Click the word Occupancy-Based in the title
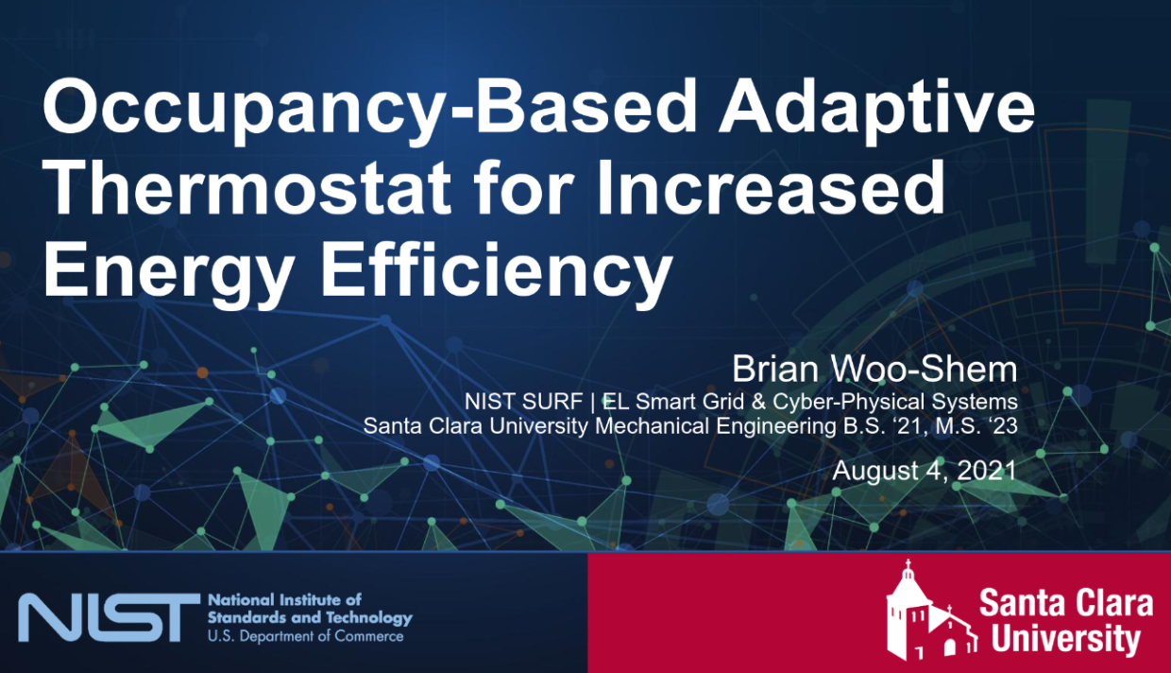(369, 111)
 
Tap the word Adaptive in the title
(877, 111)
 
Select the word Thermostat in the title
(246, 187)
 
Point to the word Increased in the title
(772, 187)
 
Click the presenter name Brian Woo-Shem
(874, 369)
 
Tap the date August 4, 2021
(925, 471)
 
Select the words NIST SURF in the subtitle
(524, 402)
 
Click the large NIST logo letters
(110, 617)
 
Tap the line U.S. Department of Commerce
(305, 636)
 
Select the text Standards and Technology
(310, 618)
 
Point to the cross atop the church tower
(908, 565)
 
